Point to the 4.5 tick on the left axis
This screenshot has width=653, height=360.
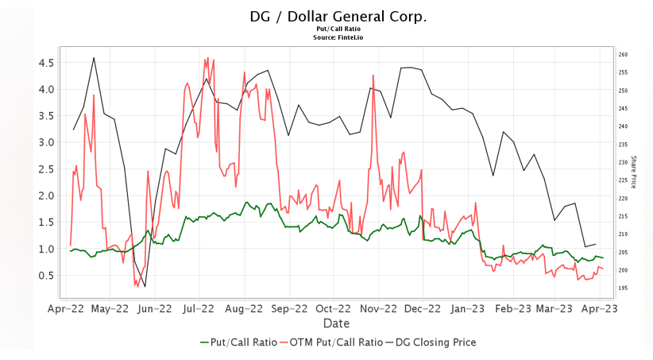coord(46,63)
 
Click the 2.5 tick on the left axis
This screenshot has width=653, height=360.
coord(46,169)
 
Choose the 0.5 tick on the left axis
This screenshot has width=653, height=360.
coord(46,276)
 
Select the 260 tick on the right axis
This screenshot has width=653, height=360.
coord(624,55)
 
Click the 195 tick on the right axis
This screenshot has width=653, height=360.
coord(624,288)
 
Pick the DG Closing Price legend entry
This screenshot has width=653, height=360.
coord(430,343)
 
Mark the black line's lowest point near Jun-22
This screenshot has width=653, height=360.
coord(145,287)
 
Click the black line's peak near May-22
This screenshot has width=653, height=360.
coord(94,57)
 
